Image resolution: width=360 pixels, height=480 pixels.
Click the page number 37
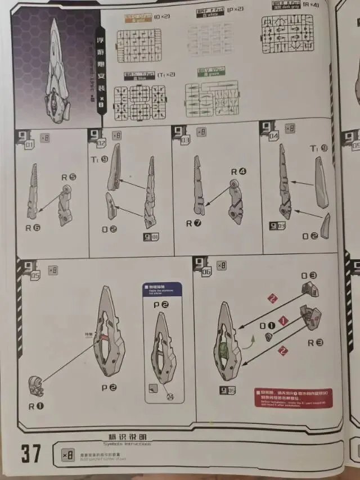coord(31,452)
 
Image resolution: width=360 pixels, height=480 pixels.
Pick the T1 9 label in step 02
coord(100,160)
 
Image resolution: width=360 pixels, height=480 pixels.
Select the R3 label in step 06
coord(315,342)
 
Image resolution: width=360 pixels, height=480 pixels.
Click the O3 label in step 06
coord(309,276)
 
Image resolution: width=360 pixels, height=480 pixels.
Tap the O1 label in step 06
coord(267,325)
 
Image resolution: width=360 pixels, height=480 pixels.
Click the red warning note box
coord(292,397)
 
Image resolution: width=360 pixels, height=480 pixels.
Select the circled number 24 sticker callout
coord(168,396)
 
